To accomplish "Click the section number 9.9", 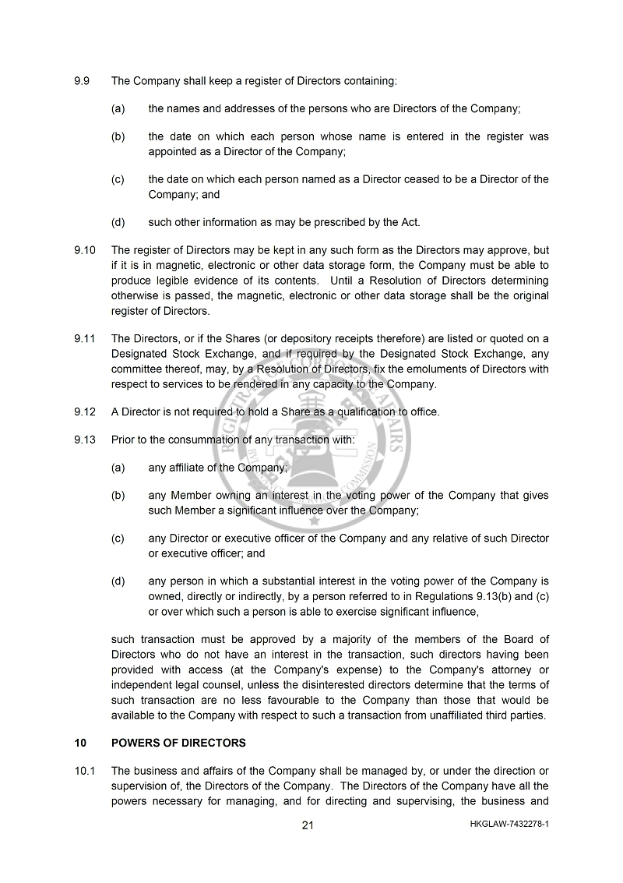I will [x=82, y=80].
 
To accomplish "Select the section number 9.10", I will [x=84, y=251].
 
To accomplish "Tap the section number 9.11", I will [x=84, y=338].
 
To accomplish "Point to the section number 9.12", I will [x=84, y=411].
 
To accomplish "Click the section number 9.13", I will [x=84, y=440].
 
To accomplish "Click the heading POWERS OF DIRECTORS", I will [x=178, y=743].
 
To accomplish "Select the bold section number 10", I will [x=80, y=743].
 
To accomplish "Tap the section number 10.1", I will [x=84, y=771].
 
